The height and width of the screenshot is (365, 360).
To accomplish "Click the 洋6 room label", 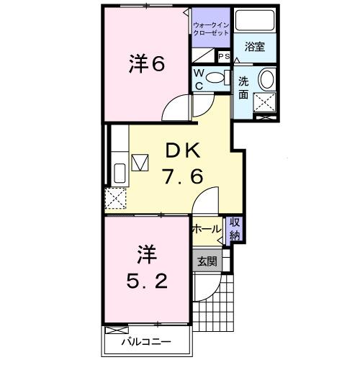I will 147,64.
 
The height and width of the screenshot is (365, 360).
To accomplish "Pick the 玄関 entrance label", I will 207,261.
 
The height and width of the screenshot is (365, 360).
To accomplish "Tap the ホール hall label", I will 207,229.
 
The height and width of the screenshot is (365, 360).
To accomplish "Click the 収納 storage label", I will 235,228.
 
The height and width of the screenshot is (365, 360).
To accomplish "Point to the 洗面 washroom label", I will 244,87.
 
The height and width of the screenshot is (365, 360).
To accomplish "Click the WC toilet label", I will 200,79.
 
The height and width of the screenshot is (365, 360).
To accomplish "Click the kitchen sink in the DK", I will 120,174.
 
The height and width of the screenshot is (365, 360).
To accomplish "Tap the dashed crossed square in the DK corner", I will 115,197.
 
